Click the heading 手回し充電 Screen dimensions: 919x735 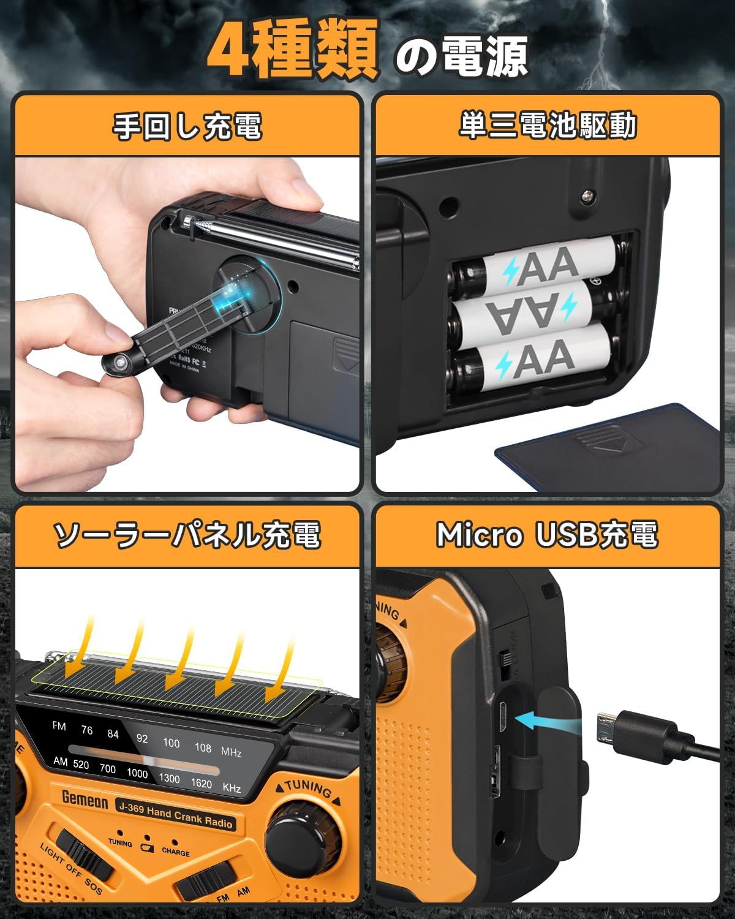point(187,126)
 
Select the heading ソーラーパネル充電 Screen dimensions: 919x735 point(187,535)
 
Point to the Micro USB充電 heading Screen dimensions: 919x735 point(547,535)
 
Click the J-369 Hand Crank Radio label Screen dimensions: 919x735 point(175,815)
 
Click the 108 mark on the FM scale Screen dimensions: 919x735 point(203,747)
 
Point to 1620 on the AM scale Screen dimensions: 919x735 point(201,783)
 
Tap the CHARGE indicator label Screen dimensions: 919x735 point(176,852)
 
